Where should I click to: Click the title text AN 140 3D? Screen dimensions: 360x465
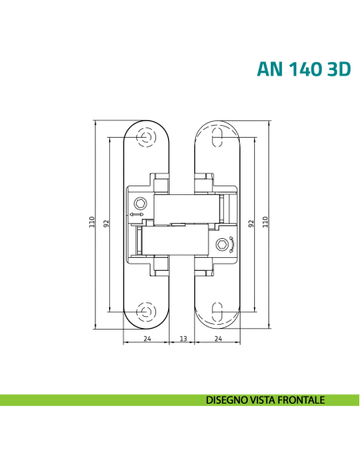303,69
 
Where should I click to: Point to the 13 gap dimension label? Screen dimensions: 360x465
183,338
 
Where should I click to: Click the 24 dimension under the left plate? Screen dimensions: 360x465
147,338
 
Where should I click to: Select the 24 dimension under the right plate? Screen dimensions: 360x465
218,338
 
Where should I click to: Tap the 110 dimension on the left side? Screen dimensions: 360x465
92,222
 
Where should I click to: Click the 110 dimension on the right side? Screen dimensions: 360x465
265,222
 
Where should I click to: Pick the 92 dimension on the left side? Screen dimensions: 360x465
107,223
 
